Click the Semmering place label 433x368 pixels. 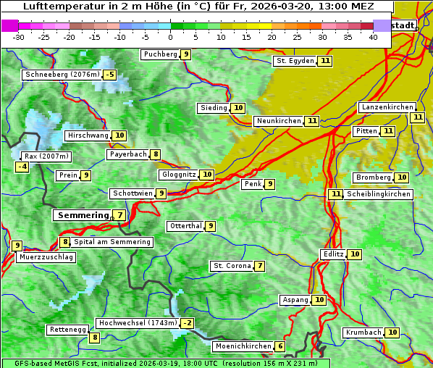click(x=82, y=215)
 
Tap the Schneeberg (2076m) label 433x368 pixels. click(x=62, y=75)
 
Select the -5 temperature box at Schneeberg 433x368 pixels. click(x=109, y=75)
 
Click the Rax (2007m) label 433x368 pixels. click(x=46, y=156)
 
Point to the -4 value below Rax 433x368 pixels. click(x=22, y=167)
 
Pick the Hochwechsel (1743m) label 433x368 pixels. click(x=138, y=323)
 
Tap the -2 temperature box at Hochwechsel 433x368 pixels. click(x=188, y=323)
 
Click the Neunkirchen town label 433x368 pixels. click(x=278, y=121)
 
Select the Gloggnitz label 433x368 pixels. click(x=178, y=175)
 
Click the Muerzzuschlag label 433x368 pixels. click(x=47, y=257)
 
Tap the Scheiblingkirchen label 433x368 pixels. click(x=379, y=194)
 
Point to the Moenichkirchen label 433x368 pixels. click(x=243, y=347)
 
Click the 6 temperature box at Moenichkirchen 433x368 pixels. click(x=280, y=347)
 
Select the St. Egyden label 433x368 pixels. click(x=295, y=61)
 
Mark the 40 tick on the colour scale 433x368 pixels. click(x=373, y=37)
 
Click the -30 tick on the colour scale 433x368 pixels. click(x=19, y=37)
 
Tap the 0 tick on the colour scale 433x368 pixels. click(x=171, y=37)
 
